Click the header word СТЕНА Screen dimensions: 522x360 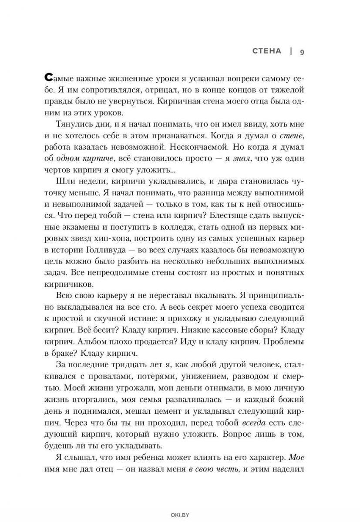pos(267,51)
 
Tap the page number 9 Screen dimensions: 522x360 pos(301,52)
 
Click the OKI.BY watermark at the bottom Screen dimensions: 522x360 pos(180,513)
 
